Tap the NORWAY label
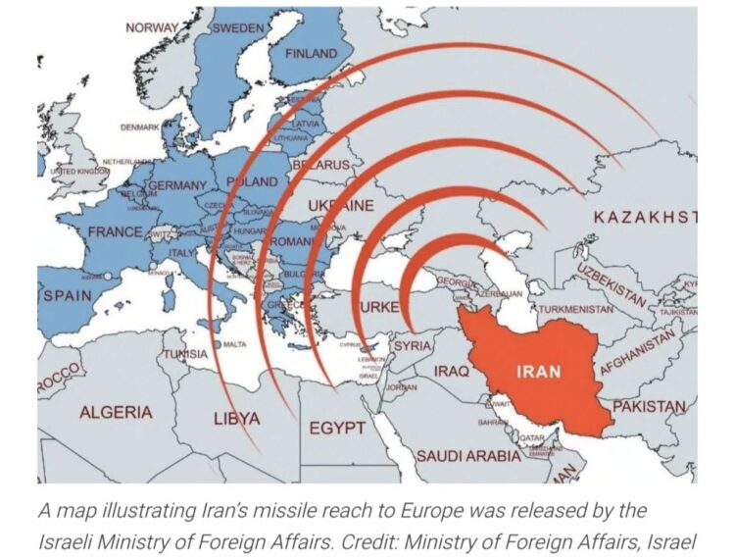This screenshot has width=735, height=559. pos(152,27)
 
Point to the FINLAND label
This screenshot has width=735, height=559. pos(311,54)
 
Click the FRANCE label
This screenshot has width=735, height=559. pos(115,232)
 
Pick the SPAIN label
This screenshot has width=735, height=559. pos(67,295)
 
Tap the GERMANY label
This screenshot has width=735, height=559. pos(177,185)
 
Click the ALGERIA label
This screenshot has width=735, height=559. pos(116,412)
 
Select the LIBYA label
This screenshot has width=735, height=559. pos(236,419)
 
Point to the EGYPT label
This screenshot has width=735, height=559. pos(337,429)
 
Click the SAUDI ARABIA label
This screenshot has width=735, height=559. pos(468,456)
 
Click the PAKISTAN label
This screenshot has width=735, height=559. pos(649,405)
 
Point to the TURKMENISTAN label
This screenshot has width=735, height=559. pos(576,310)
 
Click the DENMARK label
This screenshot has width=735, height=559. pos(139,127)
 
